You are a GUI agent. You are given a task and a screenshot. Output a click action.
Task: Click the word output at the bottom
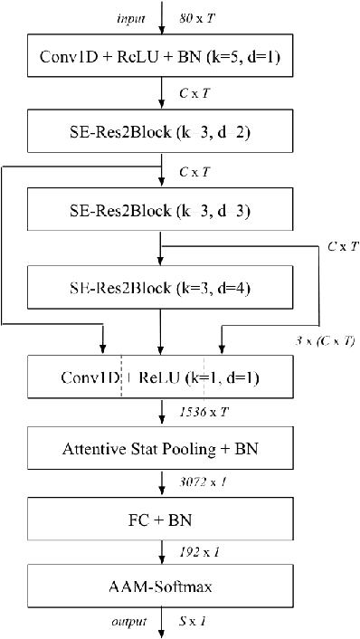131,623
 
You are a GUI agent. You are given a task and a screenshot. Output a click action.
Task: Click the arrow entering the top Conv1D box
161,20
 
